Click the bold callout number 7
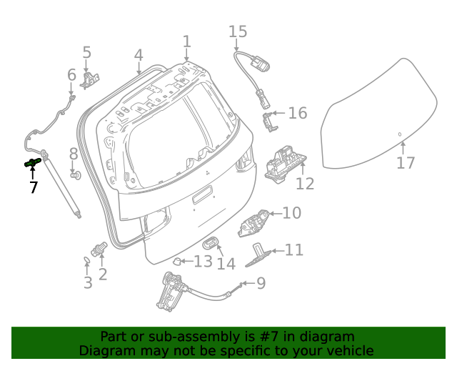(33, 187)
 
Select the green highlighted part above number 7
(31, 163)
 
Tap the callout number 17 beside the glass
(405, 163)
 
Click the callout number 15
(238, 31)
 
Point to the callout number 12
(305, 184)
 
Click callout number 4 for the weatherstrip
(139, 55)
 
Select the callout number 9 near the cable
(261, 283)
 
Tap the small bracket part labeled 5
(89, 79)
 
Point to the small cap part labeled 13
(180, 261)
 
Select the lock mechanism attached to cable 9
(171, 292)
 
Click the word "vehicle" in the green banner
(348, 350)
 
